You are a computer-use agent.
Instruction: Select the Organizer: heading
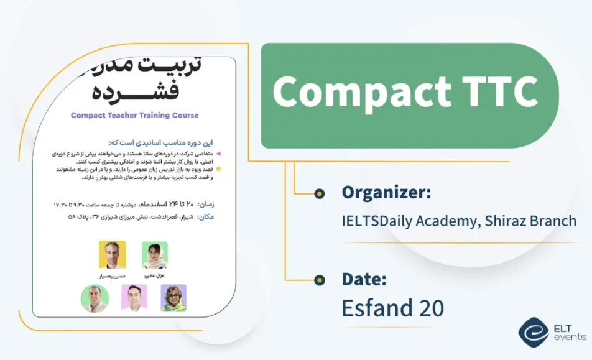386,193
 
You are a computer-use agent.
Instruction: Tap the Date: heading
364,279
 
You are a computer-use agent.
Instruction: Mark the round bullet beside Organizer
320,194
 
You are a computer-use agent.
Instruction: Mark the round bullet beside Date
320,280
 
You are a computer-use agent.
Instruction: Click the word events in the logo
569,337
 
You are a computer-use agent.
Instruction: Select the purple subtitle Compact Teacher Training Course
135,115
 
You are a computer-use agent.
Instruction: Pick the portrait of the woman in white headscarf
154,255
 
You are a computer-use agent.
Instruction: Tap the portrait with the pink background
134,298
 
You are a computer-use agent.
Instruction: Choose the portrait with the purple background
173,298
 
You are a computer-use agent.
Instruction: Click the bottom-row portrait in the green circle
95,298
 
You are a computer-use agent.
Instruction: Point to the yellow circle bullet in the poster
218,168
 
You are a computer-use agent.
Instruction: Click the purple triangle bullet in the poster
218,152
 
